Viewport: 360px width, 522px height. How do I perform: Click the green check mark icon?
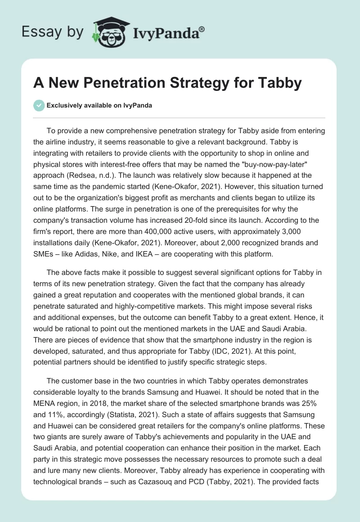39,105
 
